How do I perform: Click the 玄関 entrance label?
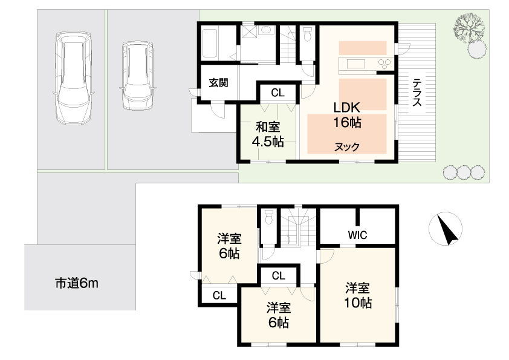click(x=218, y=83)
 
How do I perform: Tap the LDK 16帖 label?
click(x=347, y=115)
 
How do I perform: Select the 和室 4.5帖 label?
click(x=268, y=134)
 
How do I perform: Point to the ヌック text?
click(x=347, y=147)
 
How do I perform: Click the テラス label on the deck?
click(x=417, y=93)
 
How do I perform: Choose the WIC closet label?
click(x=357, y=235)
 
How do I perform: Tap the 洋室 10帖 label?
click(x=358, y=295)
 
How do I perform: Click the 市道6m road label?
click(x=77, y=283)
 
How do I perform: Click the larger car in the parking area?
click(x=73, y=78)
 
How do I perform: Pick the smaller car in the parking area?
click(x=138, y=76)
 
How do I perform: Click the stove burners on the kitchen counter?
click(x=384, y=62)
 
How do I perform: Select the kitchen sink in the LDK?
click(x=356, y=63)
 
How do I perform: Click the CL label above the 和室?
click(x=277, y=93)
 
